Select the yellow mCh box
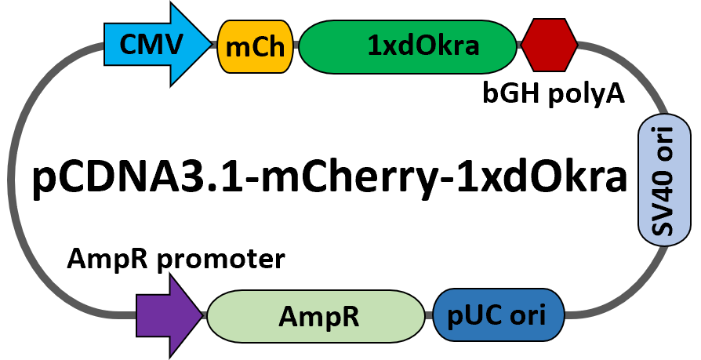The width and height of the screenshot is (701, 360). (x=255, y=46)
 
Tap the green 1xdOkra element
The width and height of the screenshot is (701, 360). (x=408, y=46)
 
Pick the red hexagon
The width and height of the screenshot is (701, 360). (x=550, y=45)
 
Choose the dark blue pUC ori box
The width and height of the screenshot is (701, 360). (x=499, y=315)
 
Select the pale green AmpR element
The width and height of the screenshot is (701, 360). (x=315, y=316)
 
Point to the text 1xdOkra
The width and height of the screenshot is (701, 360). (x=423, y=46)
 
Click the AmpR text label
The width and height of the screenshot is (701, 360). (x=318, y=316)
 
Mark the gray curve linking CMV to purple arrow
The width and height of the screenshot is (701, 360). (x=13, y=180)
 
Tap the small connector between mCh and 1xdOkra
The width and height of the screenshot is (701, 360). (x=296, y=46)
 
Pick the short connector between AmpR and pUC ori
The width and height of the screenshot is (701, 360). (x=428, y=315)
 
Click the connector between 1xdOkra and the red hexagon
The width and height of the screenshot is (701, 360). (x=519, y=45)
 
